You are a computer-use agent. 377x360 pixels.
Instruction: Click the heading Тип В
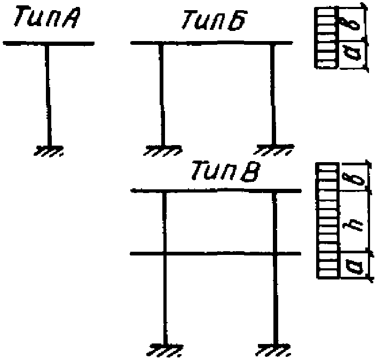(225, 171)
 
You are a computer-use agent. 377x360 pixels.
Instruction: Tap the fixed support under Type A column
(49, 151)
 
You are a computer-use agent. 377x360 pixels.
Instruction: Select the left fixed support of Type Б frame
(162, 150)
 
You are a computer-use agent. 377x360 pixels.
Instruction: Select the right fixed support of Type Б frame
(274, 150)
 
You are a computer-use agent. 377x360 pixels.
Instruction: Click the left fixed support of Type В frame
(165, 349)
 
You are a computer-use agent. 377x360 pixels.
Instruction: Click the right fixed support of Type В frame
(274, 350)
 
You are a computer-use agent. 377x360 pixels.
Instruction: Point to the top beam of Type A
(49, 43)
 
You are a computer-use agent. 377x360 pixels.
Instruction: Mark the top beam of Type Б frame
(211, 43)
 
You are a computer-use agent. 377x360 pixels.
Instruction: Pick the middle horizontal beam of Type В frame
(215, 253)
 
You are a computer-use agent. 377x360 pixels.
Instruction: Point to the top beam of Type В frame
(216, 191)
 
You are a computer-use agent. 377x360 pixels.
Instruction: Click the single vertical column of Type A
(48, 95)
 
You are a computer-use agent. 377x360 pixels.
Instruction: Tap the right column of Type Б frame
(272, 94)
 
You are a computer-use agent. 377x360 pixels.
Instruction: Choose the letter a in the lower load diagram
(354, 266)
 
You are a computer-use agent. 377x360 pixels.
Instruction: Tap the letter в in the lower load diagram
(356, 179)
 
